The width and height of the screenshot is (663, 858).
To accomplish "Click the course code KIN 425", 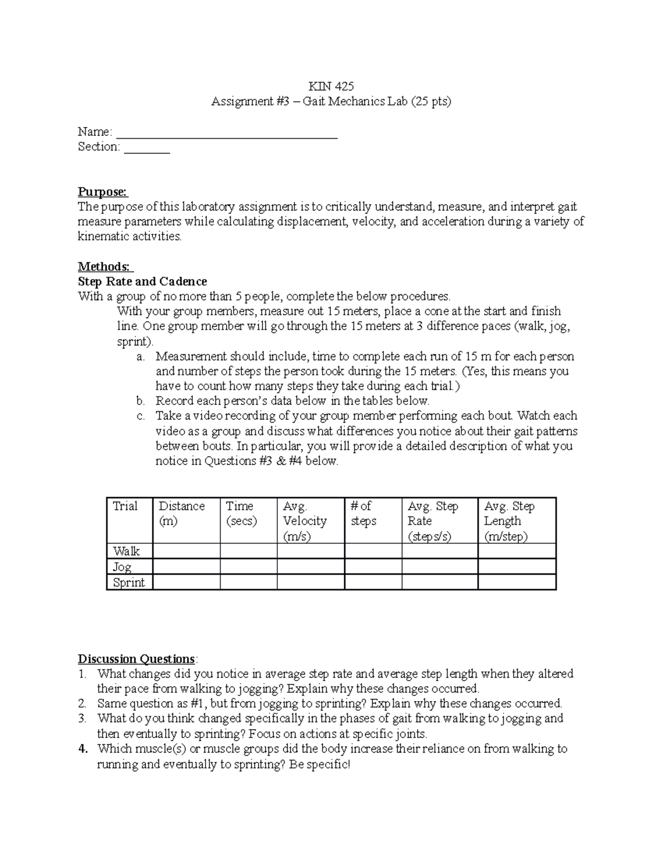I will pos(331,86).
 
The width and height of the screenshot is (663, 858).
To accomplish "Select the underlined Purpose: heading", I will pos(103,192).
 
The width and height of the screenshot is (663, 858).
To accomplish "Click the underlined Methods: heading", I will pos(106,267).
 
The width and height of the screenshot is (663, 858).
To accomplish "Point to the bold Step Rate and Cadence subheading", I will pos(143,282).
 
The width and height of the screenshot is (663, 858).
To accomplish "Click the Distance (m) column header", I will pos(181,513).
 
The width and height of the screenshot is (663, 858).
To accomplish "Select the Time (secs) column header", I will pos(241,513).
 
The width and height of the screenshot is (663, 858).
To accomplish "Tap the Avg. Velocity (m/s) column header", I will pos(304,520).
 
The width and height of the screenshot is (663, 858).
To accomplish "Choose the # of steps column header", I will pos(363,513).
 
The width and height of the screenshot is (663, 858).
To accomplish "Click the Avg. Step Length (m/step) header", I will pos(509,520).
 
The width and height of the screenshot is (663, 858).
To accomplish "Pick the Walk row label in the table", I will pos(127,551).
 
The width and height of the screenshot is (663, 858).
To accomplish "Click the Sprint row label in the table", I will pos(129,582).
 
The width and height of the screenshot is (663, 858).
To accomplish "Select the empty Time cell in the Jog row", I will pos(248,566).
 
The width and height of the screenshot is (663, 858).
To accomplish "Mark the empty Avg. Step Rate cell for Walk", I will pos(439,551).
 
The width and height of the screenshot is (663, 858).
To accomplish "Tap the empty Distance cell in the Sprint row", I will pos(186,582).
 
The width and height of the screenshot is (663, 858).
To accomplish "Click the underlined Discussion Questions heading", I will pos(136,659).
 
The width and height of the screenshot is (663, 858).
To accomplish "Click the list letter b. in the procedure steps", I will pos(140,401).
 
